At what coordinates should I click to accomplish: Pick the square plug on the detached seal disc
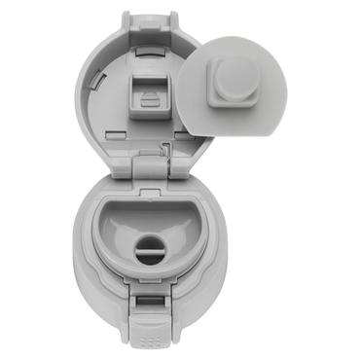[231, 77]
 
